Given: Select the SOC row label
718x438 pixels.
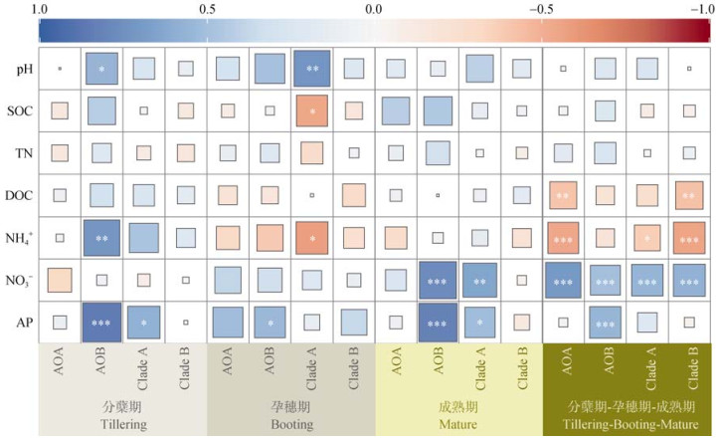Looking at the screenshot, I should pos(19,111).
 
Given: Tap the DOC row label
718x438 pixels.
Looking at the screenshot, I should pos(19,195).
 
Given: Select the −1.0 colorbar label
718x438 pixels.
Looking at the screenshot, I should pos(697,9).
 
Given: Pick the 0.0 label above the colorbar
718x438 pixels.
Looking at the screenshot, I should pos(374,9).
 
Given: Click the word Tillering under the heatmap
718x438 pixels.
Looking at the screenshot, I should pos(122,425).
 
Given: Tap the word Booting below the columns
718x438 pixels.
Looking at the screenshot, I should pos(290,425).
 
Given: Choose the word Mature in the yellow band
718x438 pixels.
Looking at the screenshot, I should pos(458,425).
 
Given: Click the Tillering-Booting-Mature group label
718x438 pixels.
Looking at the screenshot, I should pos(627,425).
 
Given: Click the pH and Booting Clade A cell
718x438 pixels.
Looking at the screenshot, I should pos(311,70).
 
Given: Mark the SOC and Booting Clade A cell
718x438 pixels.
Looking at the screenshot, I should pos(311,111).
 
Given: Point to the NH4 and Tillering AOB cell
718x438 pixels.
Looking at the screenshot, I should pos(101,238).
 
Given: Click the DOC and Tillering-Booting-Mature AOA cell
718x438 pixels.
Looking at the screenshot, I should pos(563,196).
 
